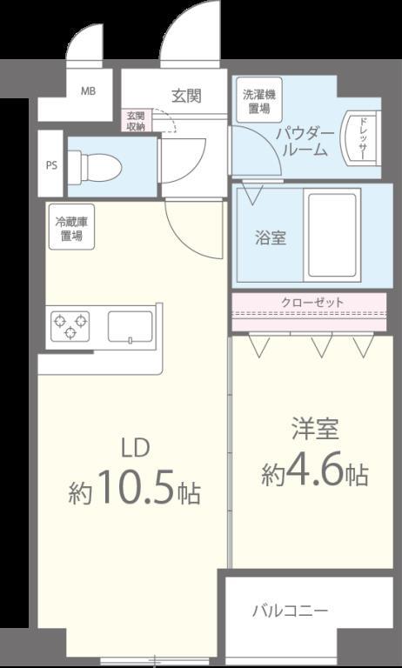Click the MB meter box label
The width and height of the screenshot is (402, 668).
click(x=88, y=90)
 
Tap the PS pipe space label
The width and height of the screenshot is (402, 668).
click(x=51, y=166)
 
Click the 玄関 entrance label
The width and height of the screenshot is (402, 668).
click(x=186, y=96)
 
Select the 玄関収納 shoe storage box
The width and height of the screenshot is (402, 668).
click(x=136, y=120)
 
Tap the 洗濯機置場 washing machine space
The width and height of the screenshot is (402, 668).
click(x=259, y=102)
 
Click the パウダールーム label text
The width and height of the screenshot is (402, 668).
click(x=305, y=143)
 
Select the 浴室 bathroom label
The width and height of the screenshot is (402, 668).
click(x=271, y=238)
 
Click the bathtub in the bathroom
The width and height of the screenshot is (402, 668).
click(x=332, y=235)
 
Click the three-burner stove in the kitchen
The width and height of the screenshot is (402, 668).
click(x=70, y=326)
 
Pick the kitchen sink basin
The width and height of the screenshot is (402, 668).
click(x=130, y=326)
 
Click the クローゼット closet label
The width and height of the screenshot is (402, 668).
click(x=312, y=303)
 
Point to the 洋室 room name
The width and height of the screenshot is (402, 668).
click(x=315, y=429)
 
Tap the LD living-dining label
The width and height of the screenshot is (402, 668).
click(x=136, y=448)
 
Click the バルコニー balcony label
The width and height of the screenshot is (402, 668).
click(x=290, y=611)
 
